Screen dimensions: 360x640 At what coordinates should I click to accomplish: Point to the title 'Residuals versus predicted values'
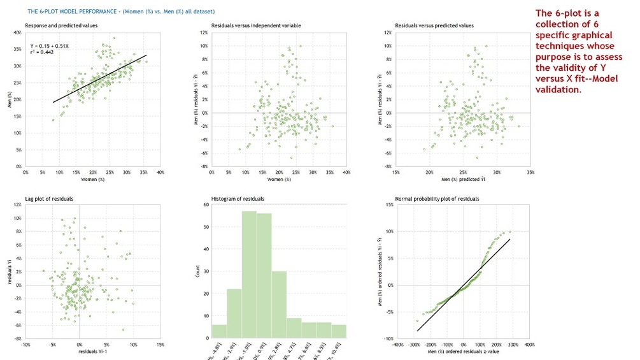pos(434,25)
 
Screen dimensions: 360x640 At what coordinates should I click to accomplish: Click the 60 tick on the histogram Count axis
pos(207,205)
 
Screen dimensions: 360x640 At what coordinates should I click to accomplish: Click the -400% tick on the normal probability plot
pos(398,345)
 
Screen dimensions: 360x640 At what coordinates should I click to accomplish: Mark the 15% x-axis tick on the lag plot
pos(160,345)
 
